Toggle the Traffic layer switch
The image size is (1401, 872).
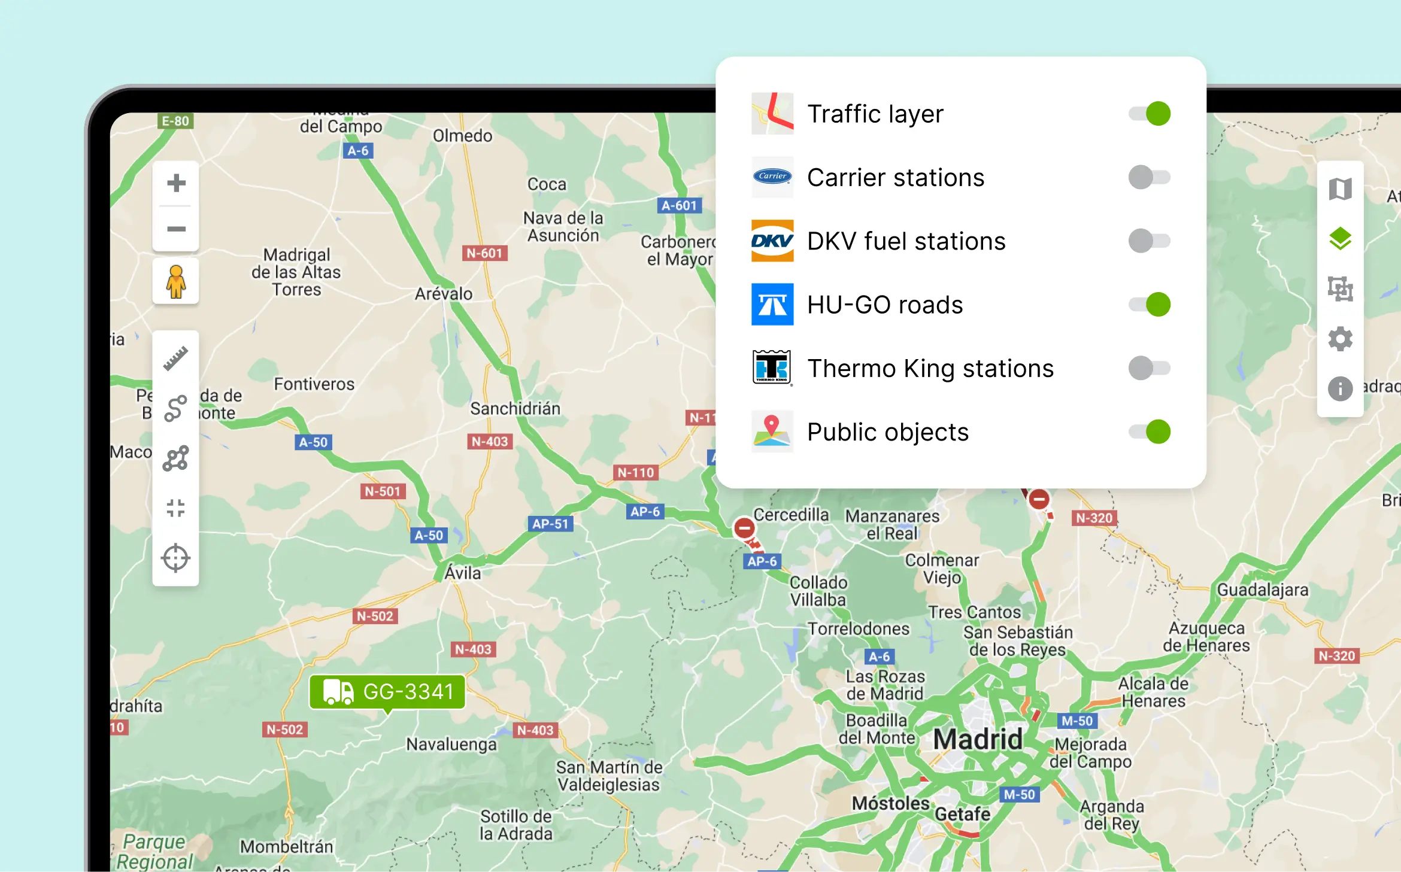point(1150,114)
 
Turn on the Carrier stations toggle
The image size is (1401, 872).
point(1150,177)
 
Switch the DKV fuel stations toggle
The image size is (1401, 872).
point(1150,241)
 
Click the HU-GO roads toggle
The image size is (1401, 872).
point(1150,305)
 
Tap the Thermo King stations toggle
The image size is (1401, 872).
point(1150,368)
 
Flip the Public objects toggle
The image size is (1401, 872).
point(1150,432)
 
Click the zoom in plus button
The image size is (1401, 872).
point(176,183)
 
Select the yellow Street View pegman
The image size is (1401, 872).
point(176,281)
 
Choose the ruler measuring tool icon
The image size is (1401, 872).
point(176,358)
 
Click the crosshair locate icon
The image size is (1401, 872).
point(176,558)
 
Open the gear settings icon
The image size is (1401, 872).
point(1340,339)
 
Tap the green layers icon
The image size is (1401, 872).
point(1340,239)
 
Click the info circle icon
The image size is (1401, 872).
point(1340,388)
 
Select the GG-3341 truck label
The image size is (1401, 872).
point(387,692)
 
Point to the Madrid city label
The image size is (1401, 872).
point(978,739)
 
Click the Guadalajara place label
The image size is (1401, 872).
point(1263,590)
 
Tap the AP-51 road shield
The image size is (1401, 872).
point(550,524)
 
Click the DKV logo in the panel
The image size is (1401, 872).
point(772,241)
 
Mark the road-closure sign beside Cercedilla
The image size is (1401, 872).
point(744,528)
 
